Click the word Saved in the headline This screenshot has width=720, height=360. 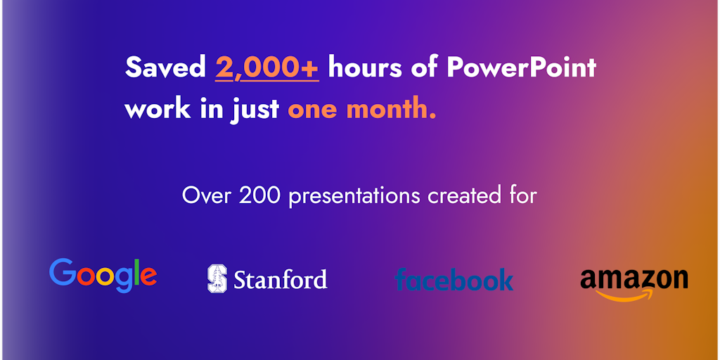[x=165, y=68]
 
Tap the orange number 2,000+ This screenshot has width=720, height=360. [x=266, y=68]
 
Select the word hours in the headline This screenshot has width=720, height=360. [x=361, y=68]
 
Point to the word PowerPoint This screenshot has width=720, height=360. [x=521, y=68]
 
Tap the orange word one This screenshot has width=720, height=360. [x=313, y=110]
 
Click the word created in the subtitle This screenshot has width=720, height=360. [x=462, y=196]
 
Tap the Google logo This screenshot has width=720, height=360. [x=103, y=275]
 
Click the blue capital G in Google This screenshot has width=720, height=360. [x=63, y=271]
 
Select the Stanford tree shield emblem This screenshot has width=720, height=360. [x=217, y=278]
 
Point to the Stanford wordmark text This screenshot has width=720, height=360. [x=281, y=279]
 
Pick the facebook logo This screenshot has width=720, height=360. [x=454, y=279]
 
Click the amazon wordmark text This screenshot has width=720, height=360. [x=634, y=278]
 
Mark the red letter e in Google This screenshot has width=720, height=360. [x=148, y=276]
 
